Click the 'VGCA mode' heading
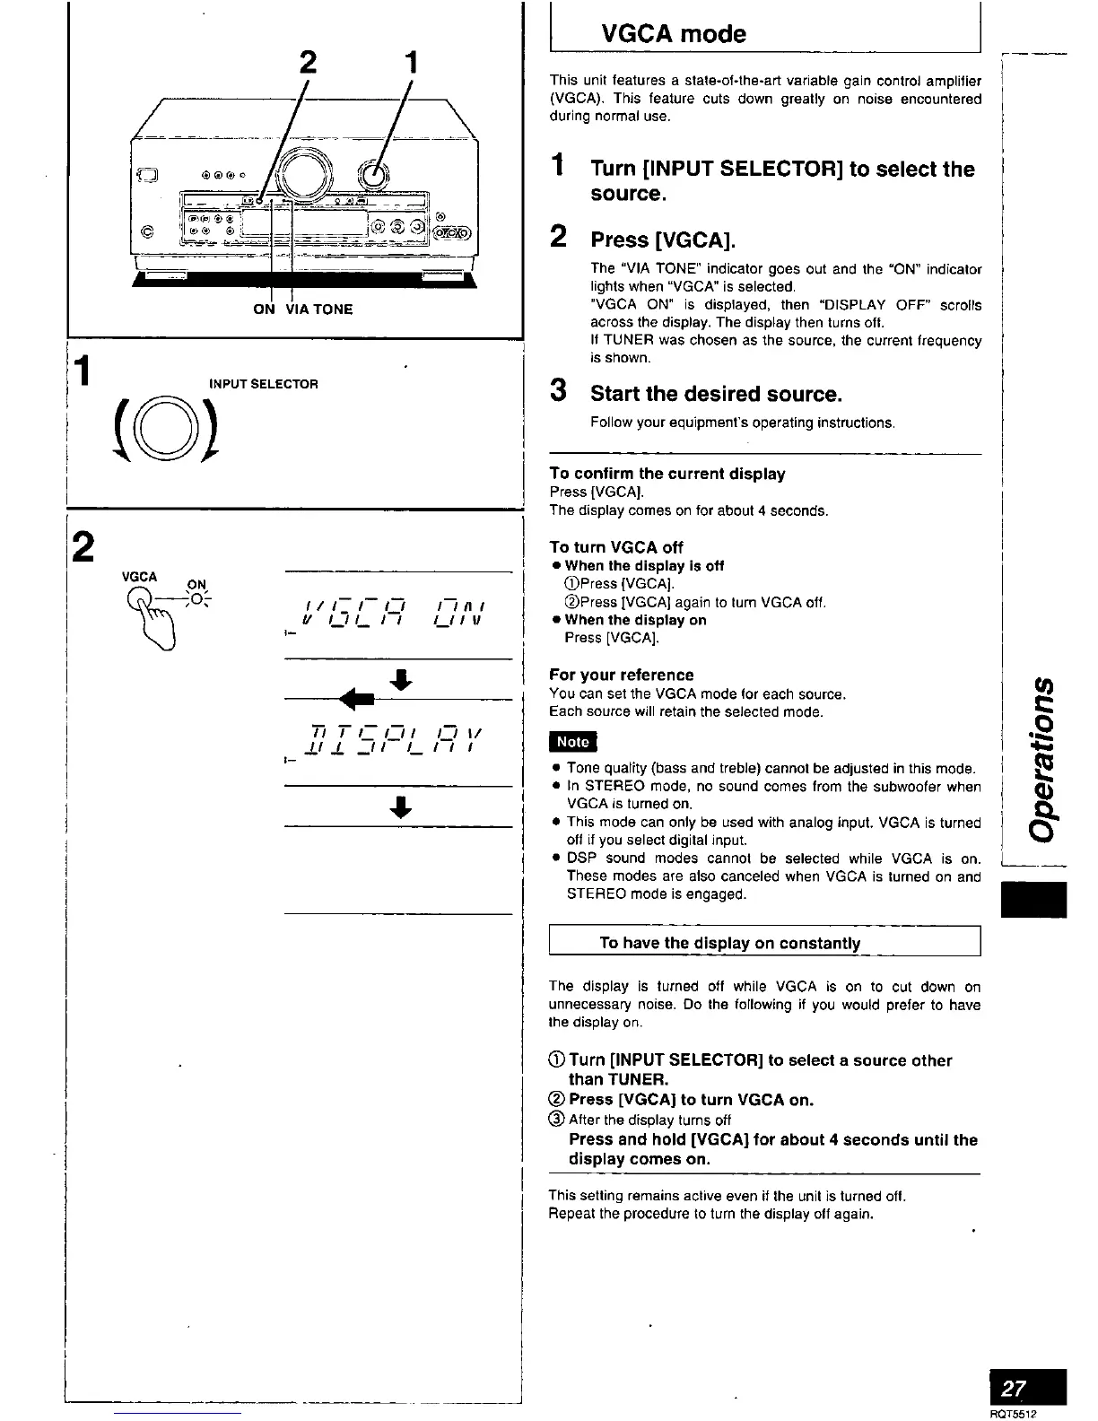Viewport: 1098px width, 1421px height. tap(673, 34)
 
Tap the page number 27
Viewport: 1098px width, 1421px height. tap(1014, 1390)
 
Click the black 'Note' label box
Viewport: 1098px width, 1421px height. tap(572, 742)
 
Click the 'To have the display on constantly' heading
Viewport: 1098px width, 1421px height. tap(729, 943)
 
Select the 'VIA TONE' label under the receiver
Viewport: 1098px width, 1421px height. tap(319, 309)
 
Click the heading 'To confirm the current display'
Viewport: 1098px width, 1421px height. tap(667, 474)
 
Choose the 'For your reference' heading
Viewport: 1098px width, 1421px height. tap(621, 675)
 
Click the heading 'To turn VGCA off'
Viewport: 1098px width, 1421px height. tap(615, 547)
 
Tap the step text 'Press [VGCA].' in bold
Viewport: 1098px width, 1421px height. tap(662, 240)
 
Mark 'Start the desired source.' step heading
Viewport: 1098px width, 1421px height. tap(716, 394)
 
